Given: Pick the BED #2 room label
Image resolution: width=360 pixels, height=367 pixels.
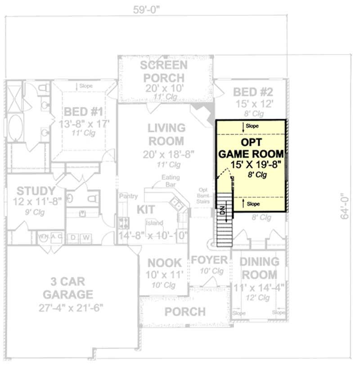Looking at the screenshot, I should (x=253, y=92).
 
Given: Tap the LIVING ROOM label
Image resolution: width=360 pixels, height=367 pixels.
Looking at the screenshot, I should (x=166, y=134).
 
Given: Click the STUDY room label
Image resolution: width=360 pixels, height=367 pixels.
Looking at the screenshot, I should (x=36, y=191).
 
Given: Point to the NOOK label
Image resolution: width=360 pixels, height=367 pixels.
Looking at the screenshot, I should (x=164, y=263).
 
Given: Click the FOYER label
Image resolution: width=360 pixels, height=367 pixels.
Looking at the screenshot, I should (x=210, y=260).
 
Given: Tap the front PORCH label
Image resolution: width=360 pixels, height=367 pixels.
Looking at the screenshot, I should (x=185, y=311).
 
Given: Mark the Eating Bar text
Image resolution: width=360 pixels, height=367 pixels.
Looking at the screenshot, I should (x=171, y=180).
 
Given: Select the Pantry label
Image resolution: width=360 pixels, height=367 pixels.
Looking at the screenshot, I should (x=128, y=197).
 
